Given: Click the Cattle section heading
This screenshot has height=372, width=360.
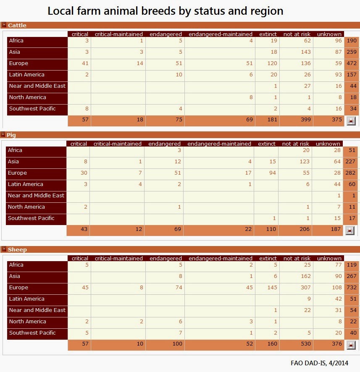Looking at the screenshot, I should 17,25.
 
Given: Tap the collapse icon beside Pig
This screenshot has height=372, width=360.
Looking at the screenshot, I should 3,135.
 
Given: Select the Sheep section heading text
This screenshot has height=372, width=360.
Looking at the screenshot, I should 17,249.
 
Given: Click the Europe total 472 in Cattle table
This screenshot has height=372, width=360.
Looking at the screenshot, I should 351,63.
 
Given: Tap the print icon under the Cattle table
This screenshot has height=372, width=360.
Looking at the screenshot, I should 350,121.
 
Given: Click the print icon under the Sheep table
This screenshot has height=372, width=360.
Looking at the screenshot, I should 350,345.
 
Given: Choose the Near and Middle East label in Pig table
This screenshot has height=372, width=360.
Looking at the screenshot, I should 36,196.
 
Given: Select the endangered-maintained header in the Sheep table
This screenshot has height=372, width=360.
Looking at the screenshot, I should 220,258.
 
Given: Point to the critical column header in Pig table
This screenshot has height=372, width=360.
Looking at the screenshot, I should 79,144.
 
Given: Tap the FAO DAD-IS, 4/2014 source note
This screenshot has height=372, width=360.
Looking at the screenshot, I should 319,363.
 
